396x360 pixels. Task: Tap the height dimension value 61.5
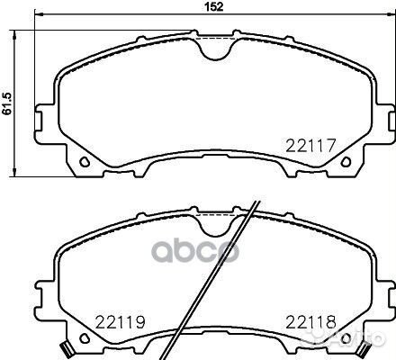tap(6, 96)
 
